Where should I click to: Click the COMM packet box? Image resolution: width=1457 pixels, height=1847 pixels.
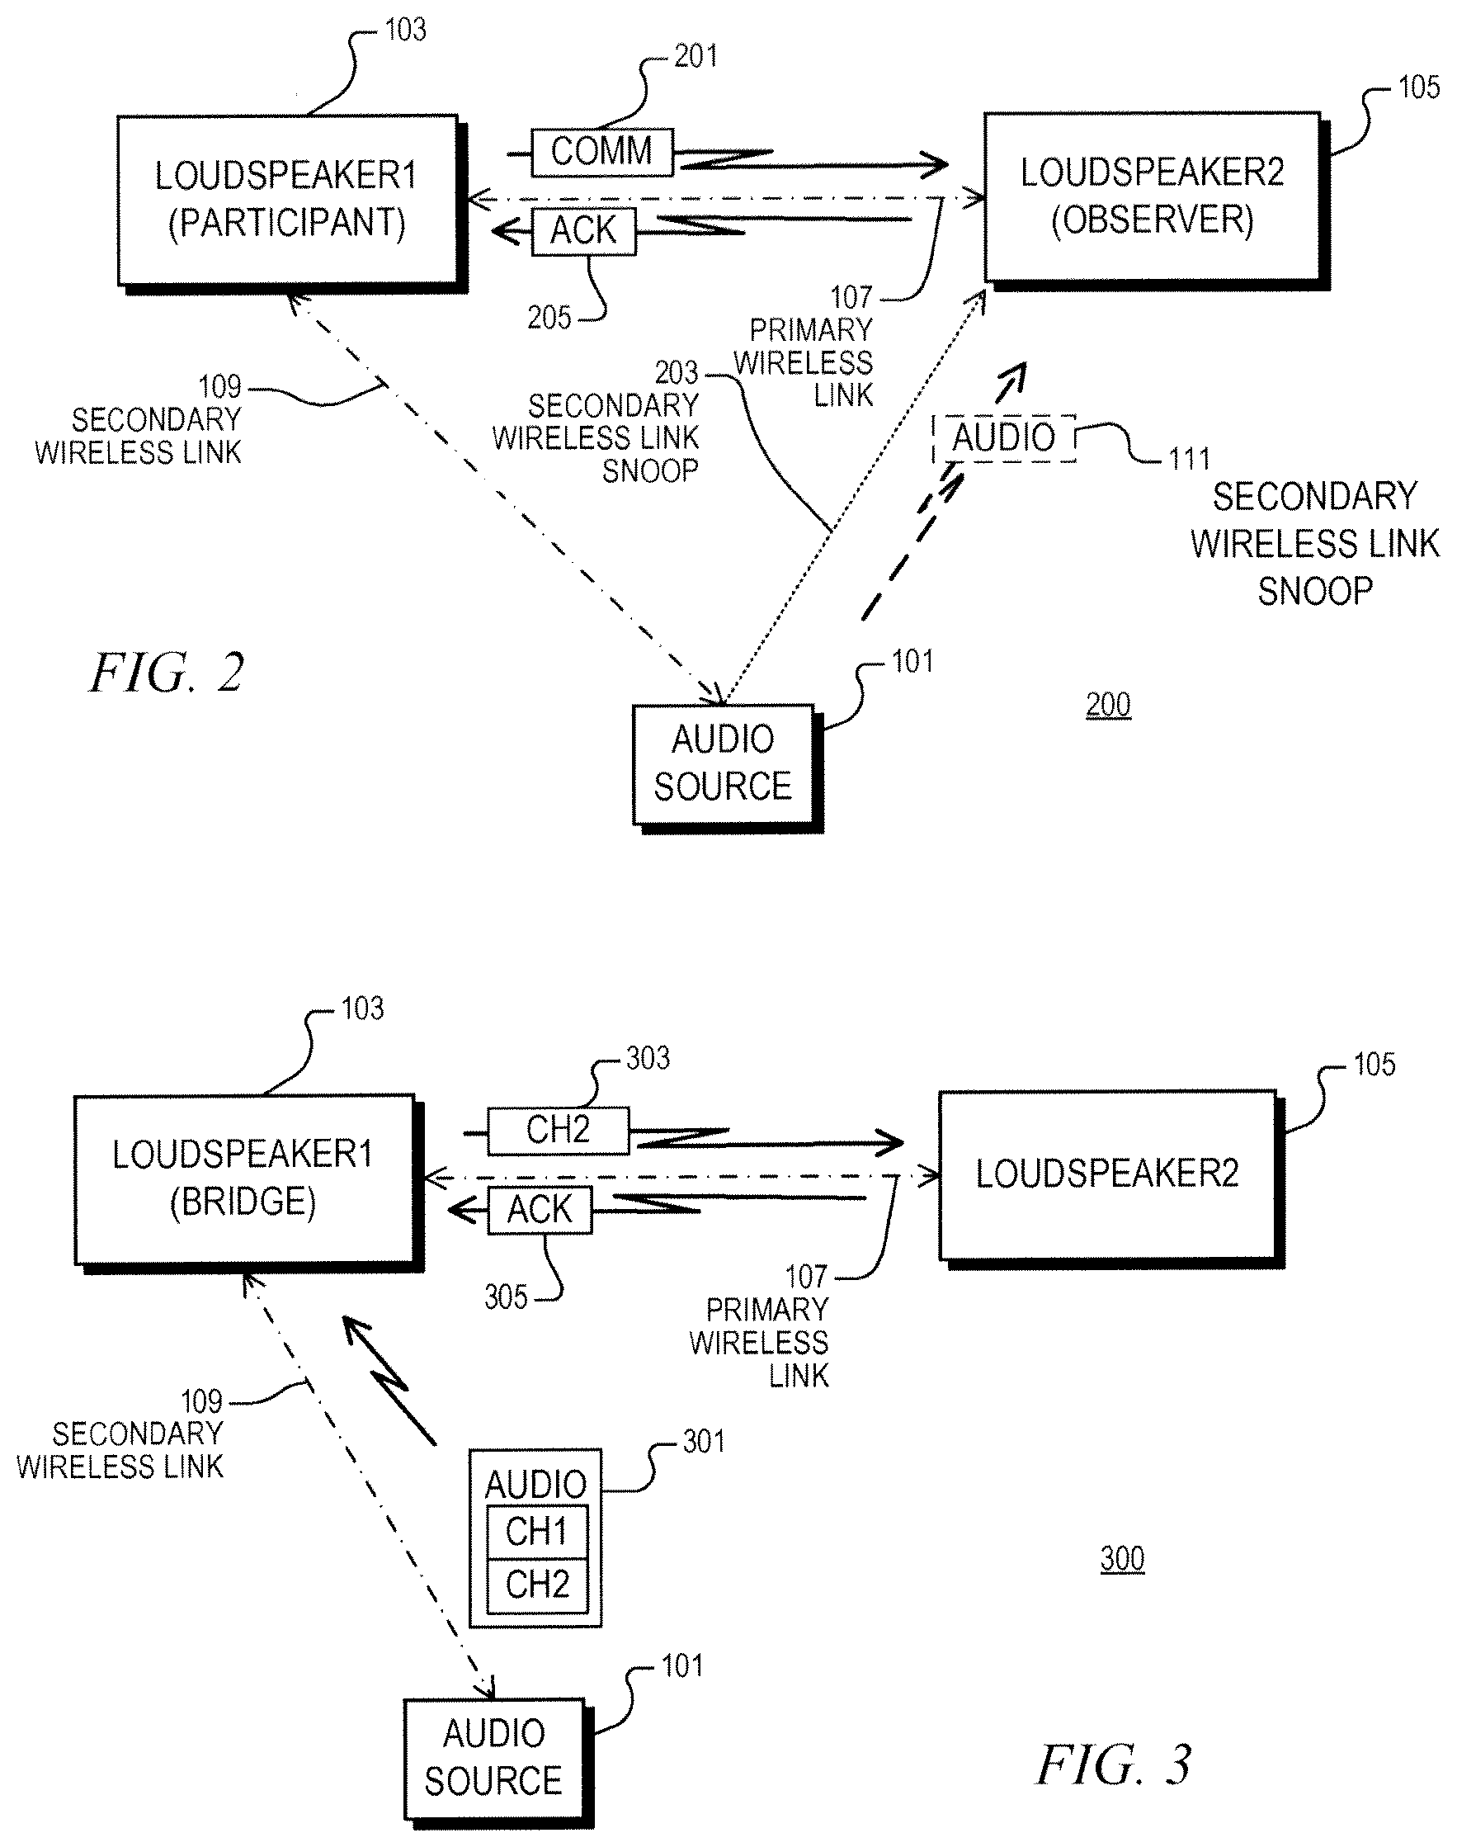602,153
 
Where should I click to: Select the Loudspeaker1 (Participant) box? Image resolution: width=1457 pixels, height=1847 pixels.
288,201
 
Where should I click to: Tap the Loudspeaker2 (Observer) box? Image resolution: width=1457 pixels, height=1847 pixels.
1153,197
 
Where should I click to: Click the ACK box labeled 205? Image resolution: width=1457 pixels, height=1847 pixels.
583,231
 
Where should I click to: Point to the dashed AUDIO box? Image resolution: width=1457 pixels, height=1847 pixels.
1004,438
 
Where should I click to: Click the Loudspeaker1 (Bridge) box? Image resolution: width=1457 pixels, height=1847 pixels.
245,1180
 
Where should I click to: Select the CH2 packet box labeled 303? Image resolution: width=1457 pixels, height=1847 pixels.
558,1131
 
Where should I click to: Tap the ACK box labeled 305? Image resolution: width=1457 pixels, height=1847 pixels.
540,1210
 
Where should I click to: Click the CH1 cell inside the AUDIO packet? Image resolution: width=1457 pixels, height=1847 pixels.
536,1532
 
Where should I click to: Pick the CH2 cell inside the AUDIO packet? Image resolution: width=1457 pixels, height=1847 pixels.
536,1585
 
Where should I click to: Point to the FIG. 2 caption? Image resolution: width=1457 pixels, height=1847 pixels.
167,673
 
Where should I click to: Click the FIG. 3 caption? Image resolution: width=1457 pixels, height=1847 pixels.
1113,1764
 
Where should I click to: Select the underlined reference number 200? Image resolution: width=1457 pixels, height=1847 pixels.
1108,705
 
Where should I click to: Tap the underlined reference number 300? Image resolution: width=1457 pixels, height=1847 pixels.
1123,1559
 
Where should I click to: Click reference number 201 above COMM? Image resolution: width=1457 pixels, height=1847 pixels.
696,56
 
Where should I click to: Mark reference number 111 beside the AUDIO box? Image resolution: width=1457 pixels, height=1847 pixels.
1189,459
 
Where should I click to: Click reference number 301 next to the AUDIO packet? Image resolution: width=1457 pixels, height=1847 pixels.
704,1441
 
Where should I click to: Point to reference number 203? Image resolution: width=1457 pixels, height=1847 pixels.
677,373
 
